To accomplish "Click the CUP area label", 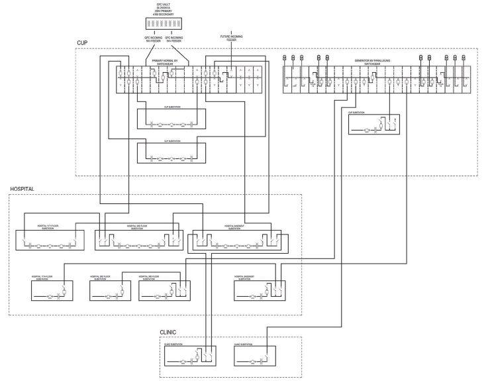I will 81,42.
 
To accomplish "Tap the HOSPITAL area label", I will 22,190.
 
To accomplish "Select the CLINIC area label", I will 169,333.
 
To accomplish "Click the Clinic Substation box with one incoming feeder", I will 254,359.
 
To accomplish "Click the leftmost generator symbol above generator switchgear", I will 285,58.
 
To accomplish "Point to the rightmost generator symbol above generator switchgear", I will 463,58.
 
